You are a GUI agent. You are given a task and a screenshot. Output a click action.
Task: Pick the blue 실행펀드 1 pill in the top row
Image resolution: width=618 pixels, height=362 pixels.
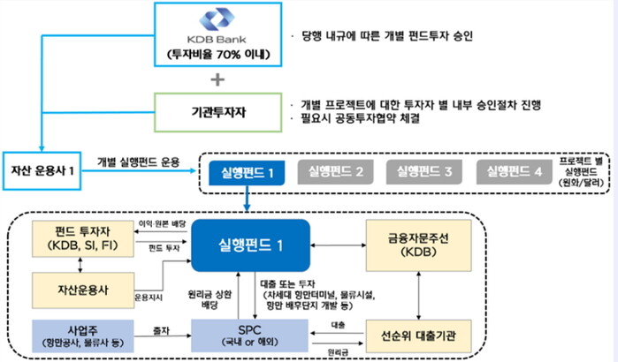(x=247, y=170)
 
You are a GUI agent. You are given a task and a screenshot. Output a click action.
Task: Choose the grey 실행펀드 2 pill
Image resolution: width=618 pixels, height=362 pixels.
(x=332, y=170)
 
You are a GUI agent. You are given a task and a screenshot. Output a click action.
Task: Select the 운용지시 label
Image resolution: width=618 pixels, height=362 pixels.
(x=148, y=297)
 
